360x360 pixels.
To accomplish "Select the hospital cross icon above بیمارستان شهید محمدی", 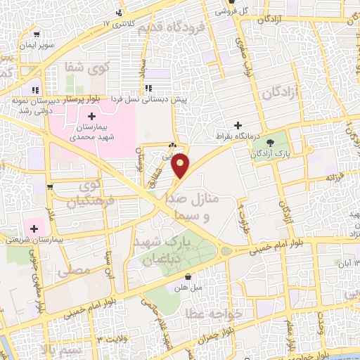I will [91, 115].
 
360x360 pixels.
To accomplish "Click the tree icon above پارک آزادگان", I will [271, 143].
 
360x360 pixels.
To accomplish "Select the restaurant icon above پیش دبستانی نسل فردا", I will [149, 89].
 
